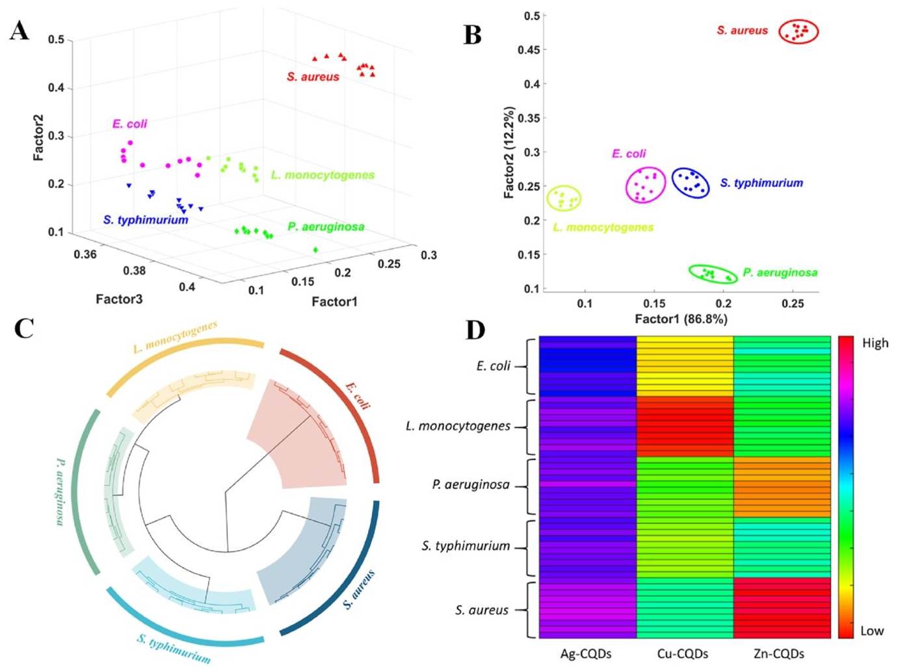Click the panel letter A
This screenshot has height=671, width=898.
[20, 31]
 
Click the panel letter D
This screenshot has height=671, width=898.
[475, 330]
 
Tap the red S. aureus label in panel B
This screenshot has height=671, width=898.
[742, 31]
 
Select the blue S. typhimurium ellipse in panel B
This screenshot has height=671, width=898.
[691, 183]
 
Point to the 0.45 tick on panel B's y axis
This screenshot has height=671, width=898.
[529, 50]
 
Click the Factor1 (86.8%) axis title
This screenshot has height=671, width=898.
[681, 319]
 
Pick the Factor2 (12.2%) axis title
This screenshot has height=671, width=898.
[508, 153]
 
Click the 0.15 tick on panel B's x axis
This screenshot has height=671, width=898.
[654, 304]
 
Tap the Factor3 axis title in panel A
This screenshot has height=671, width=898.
[119, 299]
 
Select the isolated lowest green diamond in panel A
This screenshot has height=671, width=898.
[315, 250]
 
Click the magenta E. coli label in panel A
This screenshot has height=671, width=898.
[129, 124]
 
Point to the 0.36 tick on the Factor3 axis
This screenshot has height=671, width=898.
[85, 254]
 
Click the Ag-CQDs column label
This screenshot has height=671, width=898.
[586, 654]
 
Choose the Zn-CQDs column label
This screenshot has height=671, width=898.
[779, 654]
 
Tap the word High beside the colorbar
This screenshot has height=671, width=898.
[875, 343]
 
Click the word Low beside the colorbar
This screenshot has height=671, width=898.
[872, 631]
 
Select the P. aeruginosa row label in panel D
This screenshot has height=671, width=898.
[471, 485]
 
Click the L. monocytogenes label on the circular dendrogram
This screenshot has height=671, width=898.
[175, 337]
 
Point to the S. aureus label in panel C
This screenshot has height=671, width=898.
[359, 590]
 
